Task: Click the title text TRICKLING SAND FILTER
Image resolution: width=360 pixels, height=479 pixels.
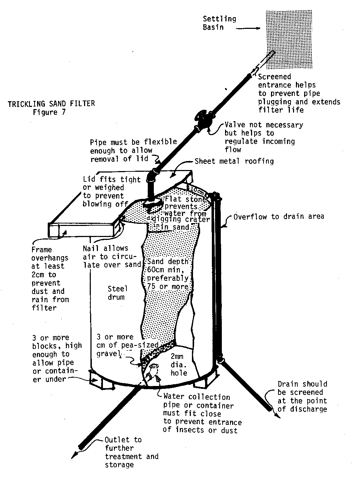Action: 51,104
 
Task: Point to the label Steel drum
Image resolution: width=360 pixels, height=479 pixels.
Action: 117,292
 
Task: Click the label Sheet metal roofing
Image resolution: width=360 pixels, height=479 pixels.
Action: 234,161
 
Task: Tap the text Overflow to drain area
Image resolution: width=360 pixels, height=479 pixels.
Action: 278,216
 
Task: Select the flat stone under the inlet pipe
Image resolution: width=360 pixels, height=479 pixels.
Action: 153,204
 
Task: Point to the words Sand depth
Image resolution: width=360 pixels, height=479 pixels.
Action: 167,262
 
